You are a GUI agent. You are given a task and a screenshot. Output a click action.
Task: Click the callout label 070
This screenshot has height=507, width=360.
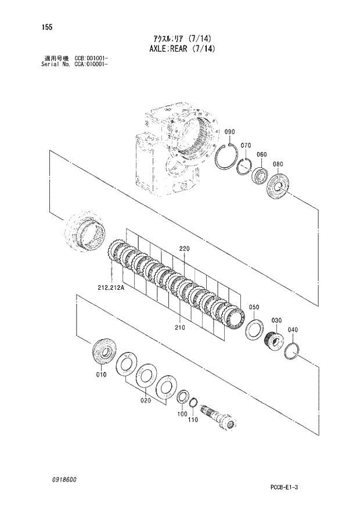coord(245,145)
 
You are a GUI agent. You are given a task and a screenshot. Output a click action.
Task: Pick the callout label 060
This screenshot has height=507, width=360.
coord(261,154)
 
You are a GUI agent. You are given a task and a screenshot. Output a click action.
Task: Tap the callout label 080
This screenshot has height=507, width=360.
coord(278,164)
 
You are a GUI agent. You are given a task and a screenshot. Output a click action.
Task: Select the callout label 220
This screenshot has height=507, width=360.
coord(185,249)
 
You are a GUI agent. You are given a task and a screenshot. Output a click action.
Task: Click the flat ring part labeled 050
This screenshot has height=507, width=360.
coord(254,330)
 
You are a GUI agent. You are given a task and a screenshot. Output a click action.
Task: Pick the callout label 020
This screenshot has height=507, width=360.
coord(145,401)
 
